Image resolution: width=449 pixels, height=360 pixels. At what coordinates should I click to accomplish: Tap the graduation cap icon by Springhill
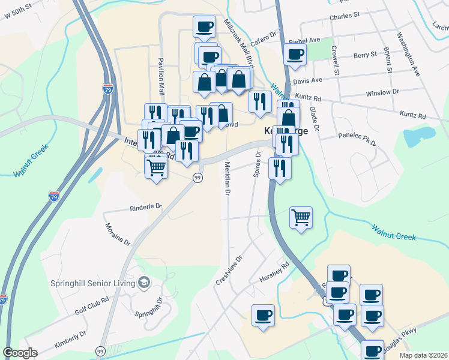[143, 281]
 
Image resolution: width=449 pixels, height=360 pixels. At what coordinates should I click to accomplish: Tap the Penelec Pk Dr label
[357, 140]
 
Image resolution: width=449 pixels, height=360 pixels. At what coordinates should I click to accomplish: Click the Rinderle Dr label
[146, 208]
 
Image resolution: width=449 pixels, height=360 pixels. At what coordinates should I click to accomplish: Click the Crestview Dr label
[229, 271]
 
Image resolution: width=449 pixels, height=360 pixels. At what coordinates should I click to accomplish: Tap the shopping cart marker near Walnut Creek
[301, 217]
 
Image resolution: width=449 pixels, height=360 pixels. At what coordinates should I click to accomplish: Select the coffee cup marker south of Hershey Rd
[262, 315]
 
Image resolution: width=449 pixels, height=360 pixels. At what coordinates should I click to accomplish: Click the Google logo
[20, 353]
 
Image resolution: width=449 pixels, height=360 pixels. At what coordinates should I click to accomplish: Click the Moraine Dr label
[118, 233]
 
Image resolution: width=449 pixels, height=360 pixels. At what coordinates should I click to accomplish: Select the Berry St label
[364, 55]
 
